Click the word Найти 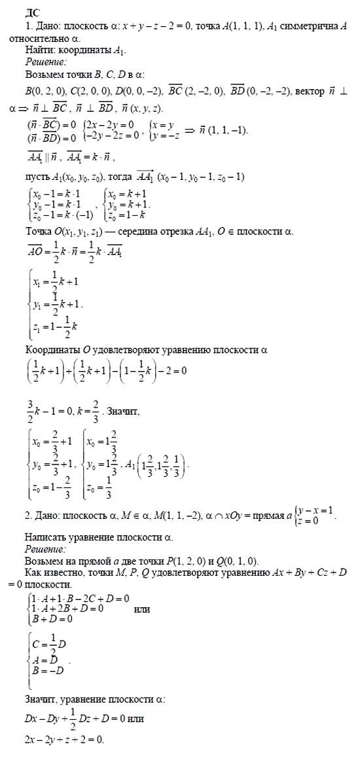pos(39,50)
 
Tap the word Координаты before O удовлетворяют pos(54,350)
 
